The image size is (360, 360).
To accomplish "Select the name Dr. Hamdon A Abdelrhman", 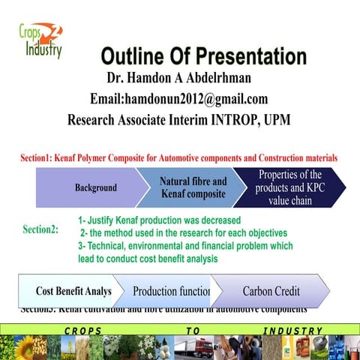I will [x=178, y=78].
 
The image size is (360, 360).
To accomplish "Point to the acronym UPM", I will [x=276, y=119].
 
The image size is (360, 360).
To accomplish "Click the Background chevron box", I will [x=94, y=187].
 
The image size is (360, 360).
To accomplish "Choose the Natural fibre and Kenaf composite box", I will [x=193, y=187].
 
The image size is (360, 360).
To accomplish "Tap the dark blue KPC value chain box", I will [x=289, y=187].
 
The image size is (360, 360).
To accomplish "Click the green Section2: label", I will [x=40, y=229].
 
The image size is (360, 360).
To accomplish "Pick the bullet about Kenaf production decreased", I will [x=159, y=220].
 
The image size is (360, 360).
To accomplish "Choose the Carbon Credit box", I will [x=271, y=291].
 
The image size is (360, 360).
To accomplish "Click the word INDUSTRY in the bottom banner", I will [x=293, y=331].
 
